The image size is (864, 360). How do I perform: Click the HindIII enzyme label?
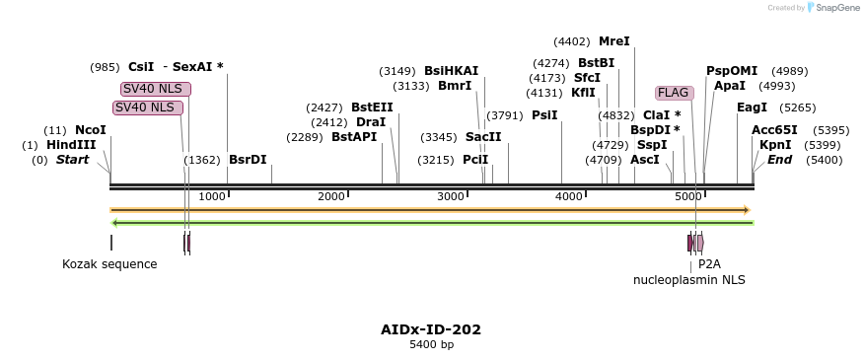point(71,145)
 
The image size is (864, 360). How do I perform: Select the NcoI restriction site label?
point(90,130)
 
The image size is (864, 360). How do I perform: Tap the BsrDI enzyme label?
point(248,160)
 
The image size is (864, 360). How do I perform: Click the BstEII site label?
point(372,108)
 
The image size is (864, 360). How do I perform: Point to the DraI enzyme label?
point(371,122)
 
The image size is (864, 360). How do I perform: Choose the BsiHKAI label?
point(451,71)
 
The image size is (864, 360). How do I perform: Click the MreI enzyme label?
point(613,41)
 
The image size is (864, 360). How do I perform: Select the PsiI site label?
point(544,115)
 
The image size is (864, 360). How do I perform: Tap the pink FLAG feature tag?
point(674,93)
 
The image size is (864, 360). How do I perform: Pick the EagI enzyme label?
point(752,108)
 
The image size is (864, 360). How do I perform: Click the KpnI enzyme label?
point(775,145)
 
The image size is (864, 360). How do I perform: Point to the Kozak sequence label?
point(109,264)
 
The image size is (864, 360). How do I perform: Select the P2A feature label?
point(709,264)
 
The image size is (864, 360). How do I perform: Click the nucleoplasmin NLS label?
point(689,280)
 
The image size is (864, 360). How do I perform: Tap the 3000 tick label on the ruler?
point(451,197)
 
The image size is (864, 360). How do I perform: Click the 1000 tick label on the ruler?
point(212,197)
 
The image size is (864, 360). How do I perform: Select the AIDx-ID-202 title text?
point(431,329)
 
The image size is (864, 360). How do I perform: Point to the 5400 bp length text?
point(431,345)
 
